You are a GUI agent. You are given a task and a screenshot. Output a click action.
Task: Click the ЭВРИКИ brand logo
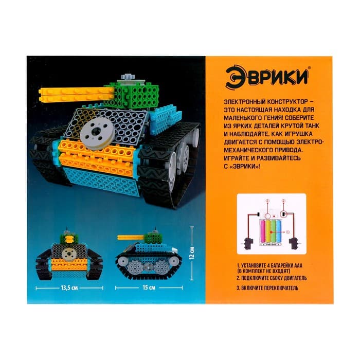click(x=268, y=76)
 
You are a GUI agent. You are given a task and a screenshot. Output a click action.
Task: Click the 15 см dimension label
click(x=149, y=286)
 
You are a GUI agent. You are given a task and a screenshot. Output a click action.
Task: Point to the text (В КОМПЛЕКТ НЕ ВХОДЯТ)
click(x=265, y=269)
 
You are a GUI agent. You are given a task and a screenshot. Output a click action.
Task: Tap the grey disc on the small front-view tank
click(x=69, y=255)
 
